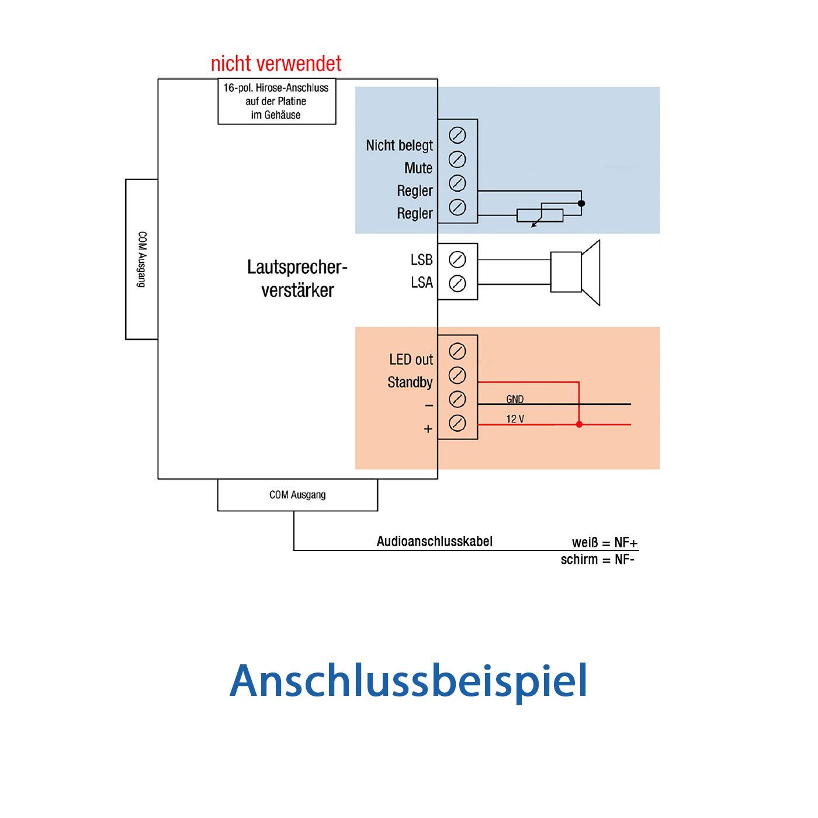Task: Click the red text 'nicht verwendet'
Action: [276, 64]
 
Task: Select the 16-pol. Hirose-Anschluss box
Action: [277, 101]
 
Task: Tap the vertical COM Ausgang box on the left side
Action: [142, 259]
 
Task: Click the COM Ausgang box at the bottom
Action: [297, 495]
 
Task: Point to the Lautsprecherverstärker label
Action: [297, 279]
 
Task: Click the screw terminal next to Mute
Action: [457, 159]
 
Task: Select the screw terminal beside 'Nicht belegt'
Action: [457, 136]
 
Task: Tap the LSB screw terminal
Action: [457, 259]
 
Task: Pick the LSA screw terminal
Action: [457, 283]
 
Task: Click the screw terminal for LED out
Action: [457, 351]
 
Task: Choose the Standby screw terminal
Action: [457, 375]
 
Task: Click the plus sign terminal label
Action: [428, 429]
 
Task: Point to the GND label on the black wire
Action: [515, 399]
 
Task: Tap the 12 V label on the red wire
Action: [515, 419]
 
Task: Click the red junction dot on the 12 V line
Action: [579, 424]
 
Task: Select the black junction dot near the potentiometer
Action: [581, 203]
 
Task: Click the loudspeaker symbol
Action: [575, 272]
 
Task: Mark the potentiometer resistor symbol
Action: [539, 215]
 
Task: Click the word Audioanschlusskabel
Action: [434, 541]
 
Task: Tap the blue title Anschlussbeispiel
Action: [408, 681]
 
